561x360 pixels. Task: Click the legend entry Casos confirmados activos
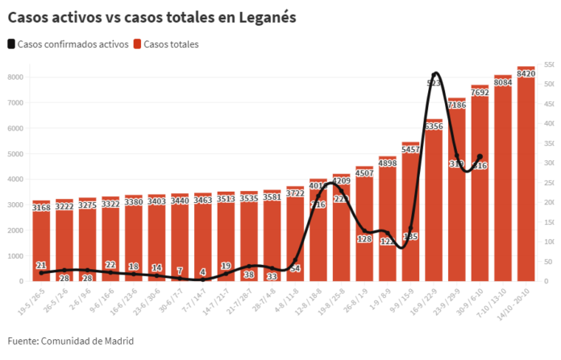(68, 44)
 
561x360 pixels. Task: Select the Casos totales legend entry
(166, 44)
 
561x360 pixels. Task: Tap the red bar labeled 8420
(526, 177)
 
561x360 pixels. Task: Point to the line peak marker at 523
(435, 74)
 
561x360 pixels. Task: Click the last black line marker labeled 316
(480, 157)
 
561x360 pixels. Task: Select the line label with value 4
(203, 272)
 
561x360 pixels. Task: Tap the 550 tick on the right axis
(549, 64)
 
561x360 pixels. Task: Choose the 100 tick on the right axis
(549, 242)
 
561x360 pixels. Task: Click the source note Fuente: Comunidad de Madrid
(71, 341)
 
